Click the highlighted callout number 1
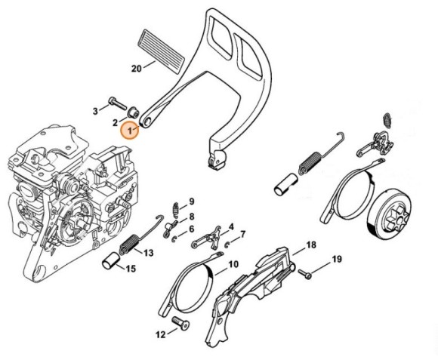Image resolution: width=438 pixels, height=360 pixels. click(x=130, y=130)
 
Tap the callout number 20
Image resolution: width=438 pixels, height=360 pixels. click(x=137, y=69)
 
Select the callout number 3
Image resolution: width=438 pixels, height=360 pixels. click(x=95, y=111)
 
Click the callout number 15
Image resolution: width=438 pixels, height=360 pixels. click(x=131, y=268)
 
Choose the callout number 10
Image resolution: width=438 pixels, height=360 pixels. click(x=233, y=265)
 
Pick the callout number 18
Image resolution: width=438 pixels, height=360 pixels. click(x=310, y=246)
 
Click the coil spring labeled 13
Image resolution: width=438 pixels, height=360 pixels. click(x=130, y=245)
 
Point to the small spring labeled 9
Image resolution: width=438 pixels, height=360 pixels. click(x=176, y=207)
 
